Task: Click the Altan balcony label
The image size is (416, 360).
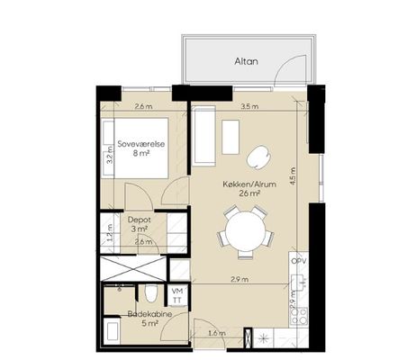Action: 246,61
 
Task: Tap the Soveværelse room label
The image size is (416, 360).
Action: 141,144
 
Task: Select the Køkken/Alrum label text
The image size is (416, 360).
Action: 249,184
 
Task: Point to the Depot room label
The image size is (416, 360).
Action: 140,220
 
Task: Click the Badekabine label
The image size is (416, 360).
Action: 149,314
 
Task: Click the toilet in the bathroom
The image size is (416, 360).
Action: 150,293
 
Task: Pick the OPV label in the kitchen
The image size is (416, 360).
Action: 299,261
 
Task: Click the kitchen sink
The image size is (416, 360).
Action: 299,283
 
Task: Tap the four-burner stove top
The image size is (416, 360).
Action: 299,316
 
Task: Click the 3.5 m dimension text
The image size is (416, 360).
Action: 249,106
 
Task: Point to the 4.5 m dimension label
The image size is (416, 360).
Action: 293,175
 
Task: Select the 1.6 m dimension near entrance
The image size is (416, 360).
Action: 217,333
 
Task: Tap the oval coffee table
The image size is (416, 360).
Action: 258,157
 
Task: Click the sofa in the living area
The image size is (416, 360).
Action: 204,136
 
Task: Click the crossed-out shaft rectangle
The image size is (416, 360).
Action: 133,268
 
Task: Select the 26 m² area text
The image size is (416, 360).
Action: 249,193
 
